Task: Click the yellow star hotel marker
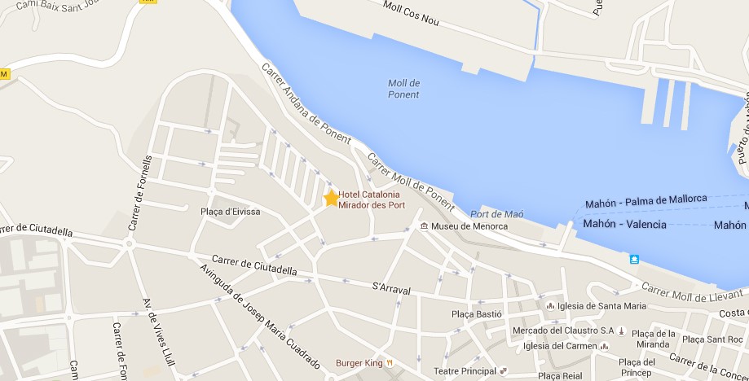[x=332, y=198]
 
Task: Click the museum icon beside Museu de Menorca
[x=424, y=226]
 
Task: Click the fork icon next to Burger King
[x=390, y=362]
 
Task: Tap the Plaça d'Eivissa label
[x=231, y=212]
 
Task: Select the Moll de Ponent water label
[x=403, y=89]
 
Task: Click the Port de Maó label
[x=496, y=214]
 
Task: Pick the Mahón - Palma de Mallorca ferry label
[x=645, y=199]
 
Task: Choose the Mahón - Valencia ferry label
[x=624, y=224]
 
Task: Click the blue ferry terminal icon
[x=634, y=259]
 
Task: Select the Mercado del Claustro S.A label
[x=563, y=331]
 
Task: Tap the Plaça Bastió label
[x=476, y=313]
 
